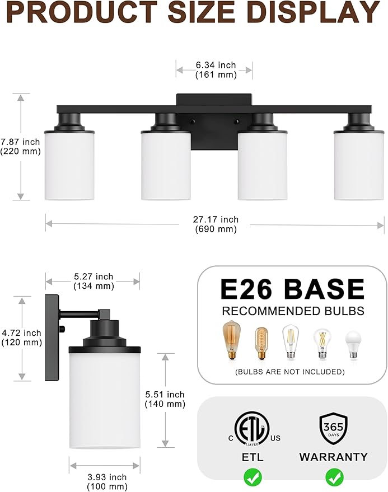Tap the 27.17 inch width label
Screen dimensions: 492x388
(x=217, y=224)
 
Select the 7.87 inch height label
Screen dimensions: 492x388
(x=20, y=146)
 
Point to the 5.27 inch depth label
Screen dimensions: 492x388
(x=94, y=281)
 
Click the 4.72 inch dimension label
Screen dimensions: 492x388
(x=21, y=338)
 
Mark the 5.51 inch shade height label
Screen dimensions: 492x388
(x=165, y=399)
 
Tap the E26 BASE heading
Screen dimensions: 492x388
(x=292, y=289)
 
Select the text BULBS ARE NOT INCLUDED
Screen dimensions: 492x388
(x=290, y=372)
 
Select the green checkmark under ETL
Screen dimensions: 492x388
(x=252, y=477)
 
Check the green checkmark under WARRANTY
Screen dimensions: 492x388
(x=334, y=477)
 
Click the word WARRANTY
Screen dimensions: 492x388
(x=334, y=457)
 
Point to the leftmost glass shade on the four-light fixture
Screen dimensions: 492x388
(x=69, y=165)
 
